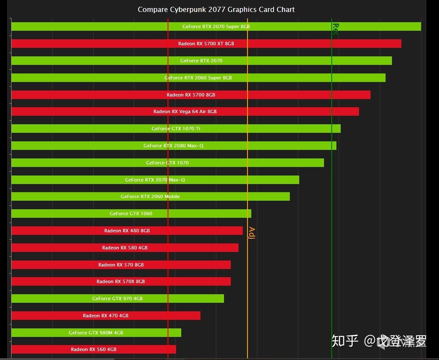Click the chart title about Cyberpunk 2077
[216, 9]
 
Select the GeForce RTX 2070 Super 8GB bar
[216, 26]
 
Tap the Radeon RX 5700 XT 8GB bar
[206, 44]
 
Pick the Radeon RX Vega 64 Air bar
[185, 111]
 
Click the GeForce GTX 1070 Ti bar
[176, 129]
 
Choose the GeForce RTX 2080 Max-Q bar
[174, 146]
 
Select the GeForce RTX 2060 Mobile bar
[150, 196]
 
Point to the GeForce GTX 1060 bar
[131, 214]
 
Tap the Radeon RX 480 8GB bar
[127, 231]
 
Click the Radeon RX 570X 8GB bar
[121, 281]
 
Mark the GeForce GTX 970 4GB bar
[118, 299]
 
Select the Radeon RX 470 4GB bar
[106, 316]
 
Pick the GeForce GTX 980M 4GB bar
[96, 333]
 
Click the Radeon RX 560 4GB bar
[94, 349]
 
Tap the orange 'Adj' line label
[252, 233]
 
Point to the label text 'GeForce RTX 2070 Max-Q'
[155, 180]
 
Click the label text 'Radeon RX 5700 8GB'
[191, 95]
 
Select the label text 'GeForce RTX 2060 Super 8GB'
[198, 78]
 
